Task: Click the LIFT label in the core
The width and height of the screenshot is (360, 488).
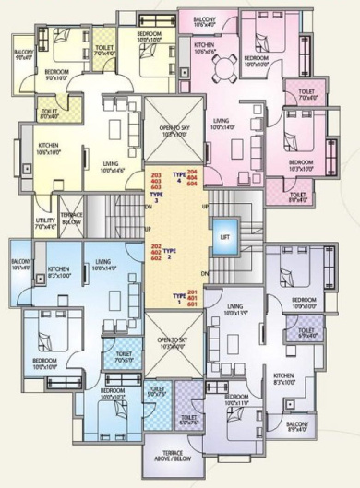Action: click(224, 236)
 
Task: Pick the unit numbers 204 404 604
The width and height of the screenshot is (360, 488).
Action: click(193, 179)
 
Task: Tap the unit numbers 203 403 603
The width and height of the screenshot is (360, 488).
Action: click(155, 181)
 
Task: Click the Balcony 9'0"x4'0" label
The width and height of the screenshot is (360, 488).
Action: click(24, 54)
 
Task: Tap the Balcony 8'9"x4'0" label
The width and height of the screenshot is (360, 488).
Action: click(297, 426)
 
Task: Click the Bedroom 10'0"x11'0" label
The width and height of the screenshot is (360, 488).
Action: click(237, 399)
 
